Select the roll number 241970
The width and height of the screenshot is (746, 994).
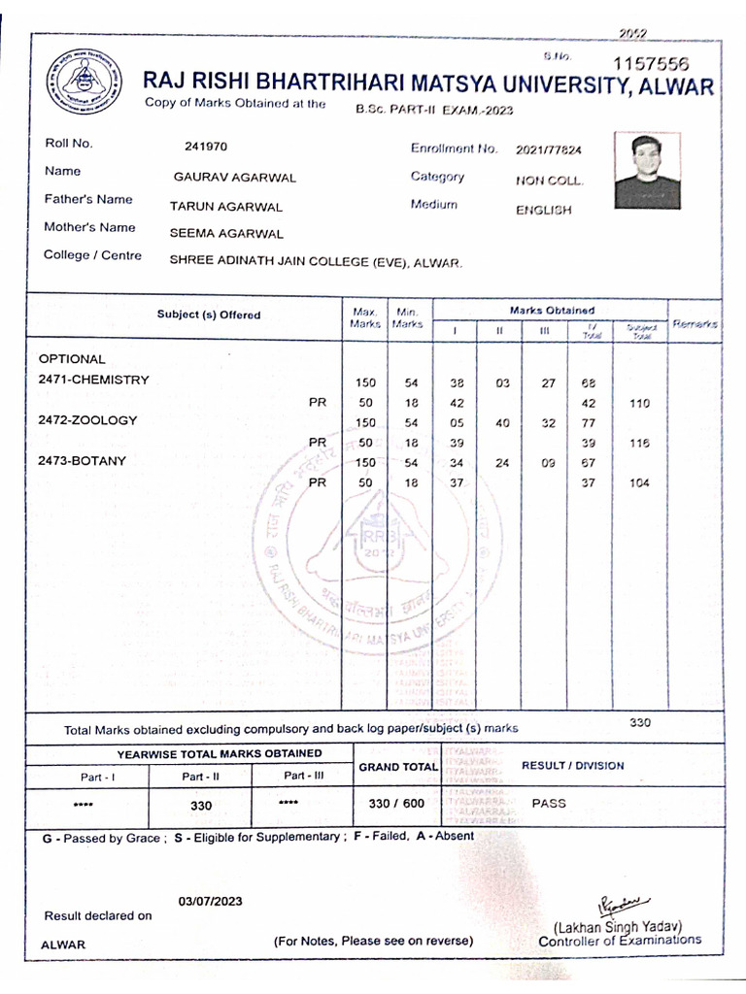point(206,148)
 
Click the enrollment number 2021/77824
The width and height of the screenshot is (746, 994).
point(549,150)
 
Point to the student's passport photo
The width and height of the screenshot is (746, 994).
point(647,171)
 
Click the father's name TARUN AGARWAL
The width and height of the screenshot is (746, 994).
point(226,207)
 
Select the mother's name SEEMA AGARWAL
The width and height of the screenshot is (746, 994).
point(226,234)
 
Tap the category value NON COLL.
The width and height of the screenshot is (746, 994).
point(550,181)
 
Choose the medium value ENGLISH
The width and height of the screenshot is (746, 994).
point(544,210)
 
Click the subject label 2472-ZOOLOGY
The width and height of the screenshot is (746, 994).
point(87,420)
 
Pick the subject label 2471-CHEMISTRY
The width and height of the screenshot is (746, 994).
point(93,380)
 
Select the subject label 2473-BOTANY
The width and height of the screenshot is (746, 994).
point(83,461)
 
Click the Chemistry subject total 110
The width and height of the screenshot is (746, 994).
point(639,403)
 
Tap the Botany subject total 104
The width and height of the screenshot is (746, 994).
point(639,483)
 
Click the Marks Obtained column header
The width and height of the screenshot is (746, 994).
point(552,310)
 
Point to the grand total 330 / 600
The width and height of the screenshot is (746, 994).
point(396,804)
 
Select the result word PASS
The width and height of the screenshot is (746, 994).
point(549,804)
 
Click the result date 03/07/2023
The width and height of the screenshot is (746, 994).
point(210,901)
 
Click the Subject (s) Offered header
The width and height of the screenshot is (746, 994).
point(209,315)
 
